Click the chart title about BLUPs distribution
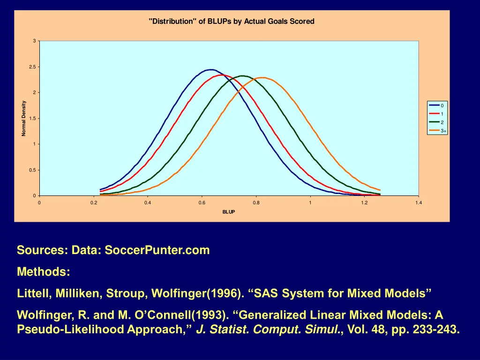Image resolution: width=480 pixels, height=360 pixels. click(x=231, y=22)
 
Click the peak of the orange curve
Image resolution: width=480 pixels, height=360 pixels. click(x=262, y=78)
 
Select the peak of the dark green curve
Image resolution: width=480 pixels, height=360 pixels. click(x=242, y=76)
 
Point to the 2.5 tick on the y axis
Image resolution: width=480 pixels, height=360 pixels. click(x=32, y=67)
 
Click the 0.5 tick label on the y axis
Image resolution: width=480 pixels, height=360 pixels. click(x=32, y=170)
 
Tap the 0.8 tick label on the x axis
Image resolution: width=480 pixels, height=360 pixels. click(x=255, y=202)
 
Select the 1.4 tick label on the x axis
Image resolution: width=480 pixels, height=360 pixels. click(x=418, y=202)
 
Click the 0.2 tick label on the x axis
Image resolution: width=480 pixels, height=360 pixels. click(x=93, y=202)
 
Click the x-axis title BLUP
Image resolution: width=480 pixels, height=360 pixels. click(x=229, y=212)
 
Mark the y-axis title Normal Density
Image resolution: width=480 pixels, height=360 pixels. click(x=23, y=119)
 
